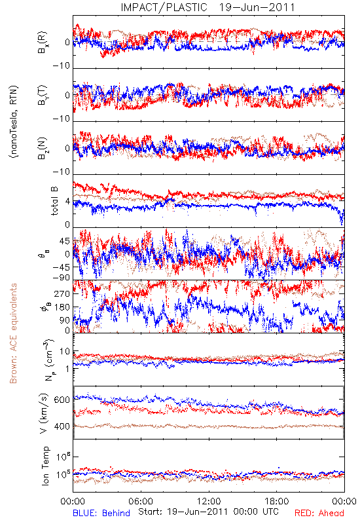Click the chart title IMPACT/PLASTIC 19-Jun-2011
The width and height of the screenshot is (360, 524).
click(x=207, y=7)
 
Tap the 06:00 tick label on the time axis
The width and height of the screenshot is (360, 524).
click(x=141, y=501)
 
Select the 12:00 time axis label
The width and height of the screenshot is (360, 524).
click(x=209, y=501)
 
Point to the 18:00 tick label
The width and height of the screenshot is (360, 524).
click(x=277, y=501)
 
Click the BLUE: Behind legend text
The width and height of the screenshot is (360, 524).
click(x=101, y=513)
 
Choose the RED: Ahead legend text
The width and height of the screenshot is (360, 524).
click(x=319, y=513)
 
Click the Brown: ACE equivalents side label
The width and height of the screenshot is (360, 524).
click(x=13, y=333)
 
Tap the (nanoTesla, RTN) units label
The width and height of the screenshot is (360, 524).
click(x=14, y=121)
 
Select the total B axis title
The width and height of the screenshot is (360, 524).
click(x=54, y=201)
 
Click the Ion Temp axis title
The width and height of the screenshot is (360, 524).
click(x=45, y=466)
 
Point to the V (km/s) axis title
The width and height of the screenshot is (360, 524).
click(x=44, y=413)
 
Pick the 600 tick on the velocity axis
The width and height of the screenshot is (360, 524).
click(x=62, y=400)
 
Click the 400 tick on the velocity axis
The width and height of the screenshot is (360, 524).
click(x=62, y=426)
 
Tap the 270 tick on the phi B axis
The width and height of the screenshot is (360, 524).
click(x=62, y=293)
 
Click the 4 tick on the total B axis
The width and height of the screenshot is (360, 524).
click(x=68, y=202)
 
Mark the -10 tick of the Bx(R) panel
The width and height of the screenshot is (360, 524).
click(x=62, y=66)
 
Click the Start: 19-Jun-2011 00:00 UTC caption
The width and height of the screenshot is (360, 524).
click(x=208, y=512)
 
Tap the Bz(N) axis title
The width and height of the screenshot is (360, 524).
click(x=42, y=148)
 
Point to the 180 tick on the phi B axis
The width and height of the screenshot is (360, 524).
click(x=62, y=307)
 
